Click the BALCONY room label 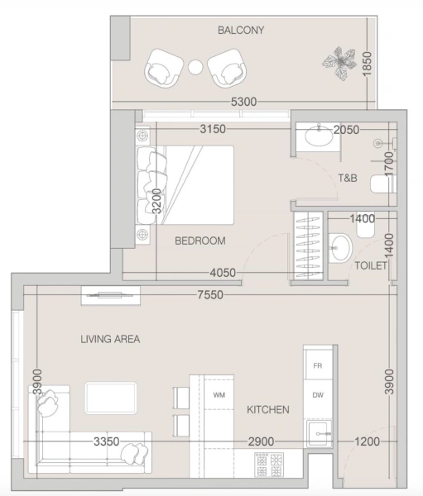tap(240, 31)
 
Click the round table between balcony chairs tap(195, 68)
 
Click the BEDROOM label tap(199, 241)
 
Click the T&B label tap(347, 178)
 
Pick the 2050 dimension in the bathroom tap(346, 130)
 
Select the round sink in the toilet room tap(339, 246)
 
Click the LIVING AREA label tap(110, 339)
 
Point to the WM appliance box tap(219, 395)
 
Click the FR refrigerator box tap(317, 365)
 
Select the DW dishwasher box tap(317, 395)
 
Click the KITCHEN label tap(267, 410)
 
